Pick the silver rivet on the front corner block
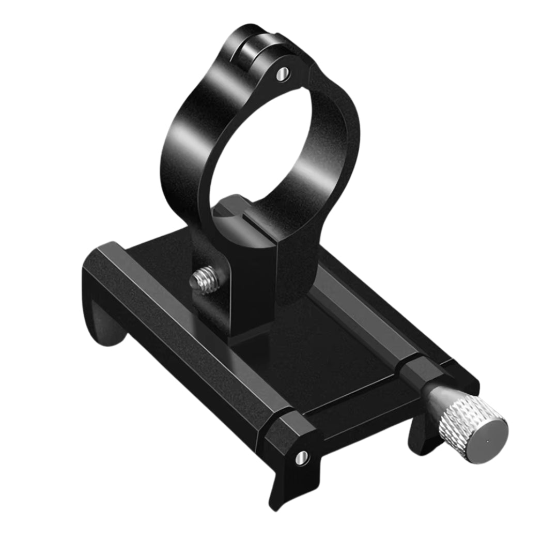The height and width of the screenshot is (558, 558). pyautogui.click(x=301, y=457)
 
